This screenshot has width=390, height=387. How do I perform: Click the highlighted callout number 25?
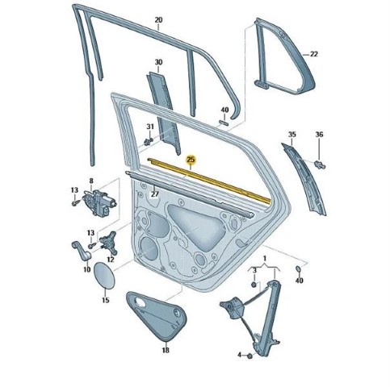pyautogui.click(x=191, y=160)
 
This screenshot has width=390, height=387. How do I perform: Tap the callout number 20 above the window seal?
pyautogui.click(x=158, y=20)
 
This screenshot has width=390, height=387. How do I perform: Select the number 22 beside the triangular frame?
pyautogui.click(x=314, y=54)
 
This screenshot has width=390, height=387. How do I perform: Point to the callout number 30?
pyautogui.click(x=158, y=62)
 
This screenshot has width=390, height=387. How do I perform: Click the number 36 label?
pyautogui.click(x=319, y=134)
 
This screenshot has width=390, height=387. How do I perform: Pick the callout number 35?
pyautogui.click(x=292, y=134)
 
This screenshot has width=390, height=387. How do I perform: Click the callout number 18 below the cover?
pyautogui.click(x=166, y=350)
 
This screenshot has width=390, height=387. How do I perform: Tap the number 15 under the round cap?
pyautogui.click(x=106, y=300)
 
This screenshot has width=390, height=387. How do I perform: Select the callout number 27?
pyautogui.click(x=155, y=193)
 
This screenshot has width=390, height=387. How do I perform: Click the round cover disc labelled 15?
pyautogui.click(x=104, y=275)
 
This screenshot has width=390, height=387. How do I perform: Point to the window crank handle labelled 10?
pyautogui.click(x=82, y=251)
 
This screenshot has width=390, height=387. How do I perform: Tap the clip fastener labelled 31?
pyautogui.click(x=149, y=141)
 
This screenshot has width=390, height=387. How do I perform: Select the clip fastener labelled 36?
pyautogui.click(x=320, y=164)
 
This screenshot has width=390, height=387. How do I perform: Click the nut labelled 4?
pyautogui.click(x=250, y=356)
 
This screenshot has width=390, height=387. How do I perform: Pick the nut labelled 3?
pyautogui.click(x=254, y=285)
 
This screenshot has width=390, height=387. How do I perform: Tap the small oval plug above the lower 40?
pyautogui.click(x=298, y=268)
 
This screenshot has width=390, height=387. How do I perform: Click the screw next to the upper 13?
pyautogui.click(x=76, y=202)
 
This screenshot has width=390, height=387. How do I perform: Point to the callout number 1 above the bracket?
pyautogui.click(x=265, y=259)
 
